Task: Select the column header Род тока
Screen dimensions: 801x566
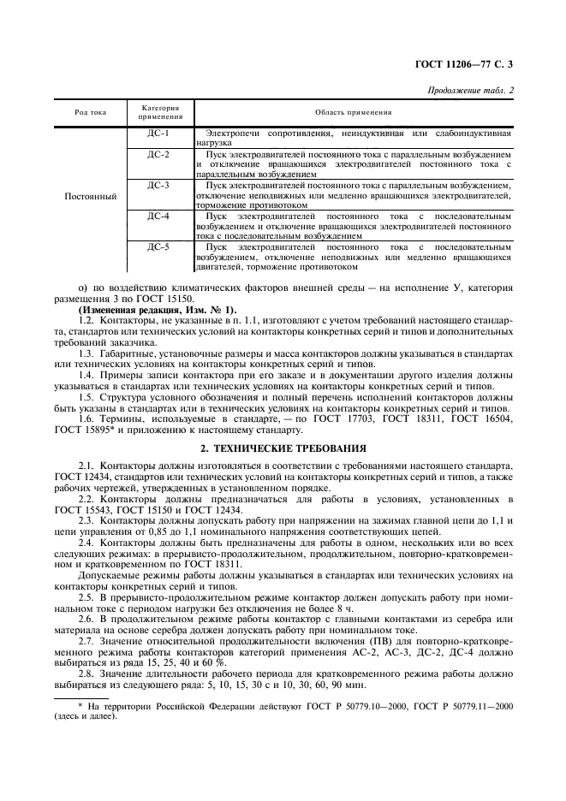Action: [90, 112]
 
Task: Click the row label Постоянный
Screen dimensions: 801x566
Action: [90, 196]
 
